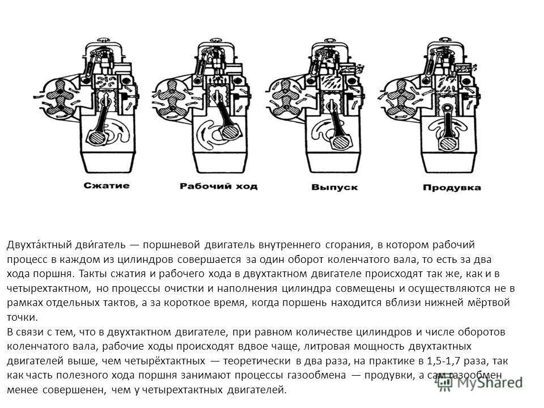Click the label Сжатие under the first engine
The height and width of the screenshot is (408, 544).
coord(107,185)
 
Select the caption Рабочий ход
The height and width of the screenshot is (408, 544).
coord(218,186)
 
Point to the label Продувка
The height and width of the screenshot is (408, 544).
coord(452,186)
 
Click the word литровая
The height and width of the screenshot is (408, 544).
coord(339,346)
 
